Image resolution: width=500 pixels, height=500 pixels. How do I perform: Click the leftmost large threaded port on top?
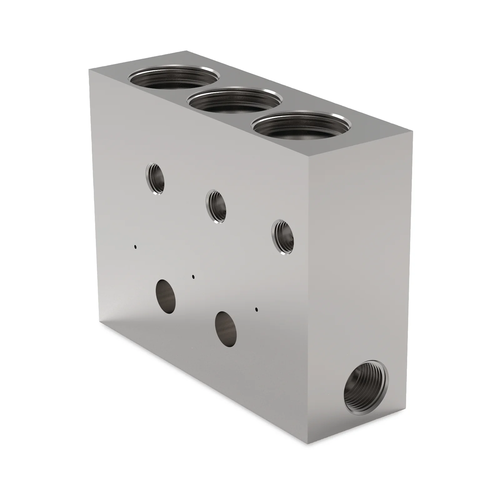(x=174, y=78)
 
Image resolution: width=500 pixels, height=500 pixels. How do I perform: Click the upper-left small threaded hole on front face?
(x=155, y=179)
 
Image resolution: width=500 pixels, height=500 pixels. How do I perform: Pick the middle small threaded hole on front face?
(x=216, y=207)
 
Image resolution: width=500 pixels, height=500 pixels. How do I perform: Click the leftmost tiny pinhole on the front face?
(x=135, y=247)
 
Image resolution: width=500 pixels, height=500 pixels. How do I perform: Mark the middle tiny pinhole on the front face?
(x=193, y=276)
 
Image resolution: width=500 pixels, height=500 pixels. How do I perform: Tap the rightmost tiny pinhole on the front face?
(x=257, y=310)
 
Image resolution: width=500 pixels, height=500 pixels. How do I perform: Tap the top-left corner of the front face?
(x=89, y=70)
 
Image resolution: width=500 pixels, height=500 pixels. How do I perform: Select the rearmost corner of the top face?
(x=187, y=51)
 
